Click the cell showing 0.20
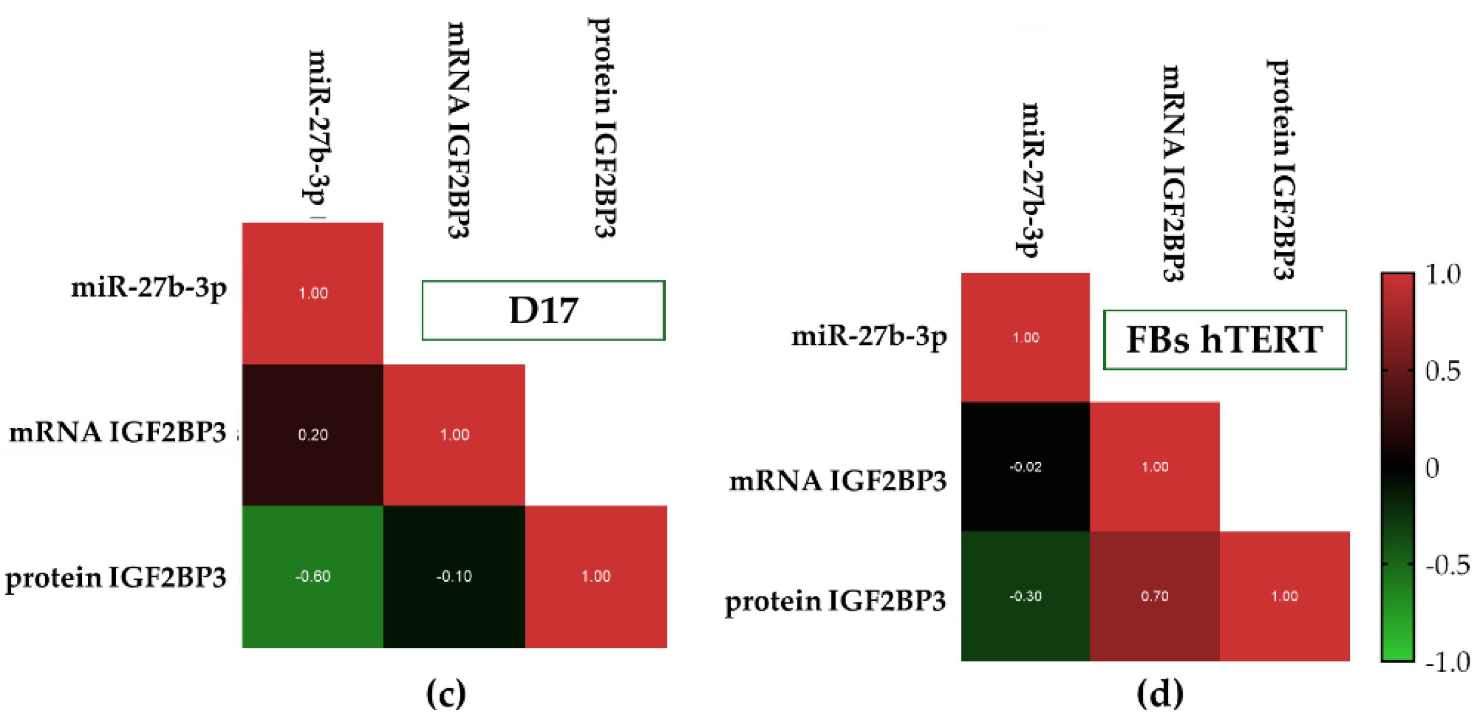tap(312, 435)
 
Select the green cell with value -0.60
tap(312, 576)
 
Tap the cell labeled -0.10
tap(454, 576)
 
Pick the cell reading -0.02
tap(1025, 466)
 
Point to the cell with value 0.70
tap(1155, 596)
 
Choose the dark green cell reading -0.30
tap(1025, 596)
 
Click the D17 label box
tap(543, 311)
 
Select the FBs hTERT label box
tap(1225, 339)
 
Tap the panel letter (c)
tap(446, 693)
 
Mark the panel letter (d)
tap(1160, 693)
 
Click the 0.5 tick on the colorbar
tap(1442, 371)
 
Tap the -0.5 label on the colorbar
tap(1446, 565)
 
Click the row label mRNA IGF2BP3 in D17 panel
tap(118, 433)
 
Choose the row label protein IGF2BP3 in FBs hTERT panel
tap(835, 601)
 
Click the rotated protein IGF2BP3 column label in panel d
tap(1281, 170)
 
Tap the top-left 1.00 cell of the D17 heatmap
tap(312, 293)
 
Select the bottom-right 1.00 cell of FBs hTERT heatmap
tap(1284, 596)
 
